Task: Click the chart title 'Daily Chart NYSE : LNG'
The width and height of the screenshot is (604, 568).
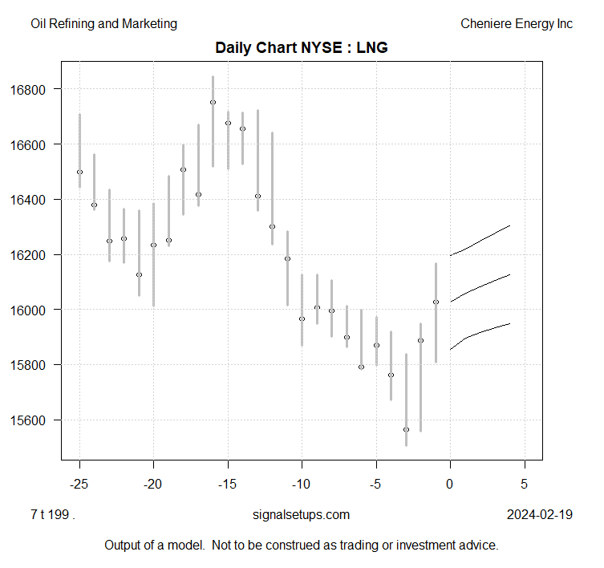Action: [302, 48]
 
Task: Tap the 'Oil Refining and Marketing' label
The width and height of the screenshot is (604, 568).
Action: [103, 24]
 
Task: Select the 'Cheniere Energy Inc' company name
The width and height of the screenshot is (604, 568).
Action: [517, 24]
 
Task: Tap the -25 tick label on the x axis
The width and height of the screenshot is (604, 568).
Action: [79, 484]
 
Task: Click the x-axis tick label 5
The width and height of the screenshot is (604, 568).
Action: [524, 484]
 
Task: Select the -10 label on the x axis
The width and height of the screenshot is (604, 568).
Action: [302, 484]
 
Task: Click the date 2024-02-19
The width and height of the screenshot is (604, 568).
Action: [540, 515]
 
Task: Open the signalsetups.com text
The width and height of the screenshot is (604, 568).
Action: [301, 515]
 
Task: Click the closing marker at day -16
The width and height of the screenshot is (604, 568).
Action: [213, 102]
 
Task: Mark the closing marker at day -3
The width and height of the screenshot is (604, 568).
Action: [406, 429]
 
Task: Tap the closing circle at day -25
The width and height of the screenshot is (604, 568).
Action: [79, 172]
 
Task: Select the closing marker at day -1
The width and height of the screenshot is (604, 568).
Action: [436, 302]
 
